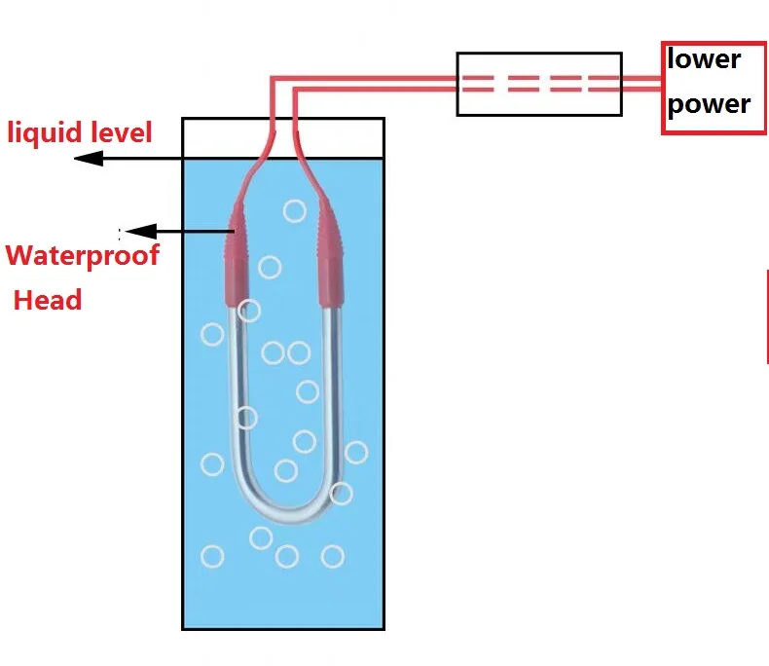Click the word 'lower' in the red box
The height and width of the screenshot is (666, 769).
[x=704, y=59]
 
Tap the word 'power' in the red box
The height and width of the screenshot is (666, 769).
[x=709, y=104]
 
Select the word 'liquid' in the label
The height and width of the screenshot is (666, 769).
[x=45, y=131]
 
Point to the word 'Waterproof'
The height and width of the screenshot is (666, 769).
[x=82, y=256]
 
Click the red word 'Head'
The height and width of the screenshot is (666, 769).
[x=48, y=300]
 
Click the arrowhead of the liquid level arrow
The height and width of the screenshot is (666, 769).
[x=88, y=158]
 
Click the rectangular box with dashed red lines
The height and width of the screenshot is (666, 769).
[x=539, y=84]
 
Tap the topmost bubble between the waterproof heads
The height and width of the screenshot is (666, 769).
[x=293, y=210]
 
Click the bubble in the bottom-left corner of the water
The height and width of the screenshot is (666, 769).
[x=212, y=557]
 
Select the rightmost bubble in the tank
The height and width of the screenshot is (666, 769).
[x=356, y=452]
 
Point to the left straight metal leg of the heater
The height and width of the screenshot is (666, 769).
[x=237, y=389]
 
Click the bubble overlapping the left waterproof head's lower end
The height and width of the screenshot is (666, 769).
[x=249, y=311]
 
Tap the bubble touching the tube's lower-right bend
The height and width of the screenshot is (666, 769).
[x=341, y=493]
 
